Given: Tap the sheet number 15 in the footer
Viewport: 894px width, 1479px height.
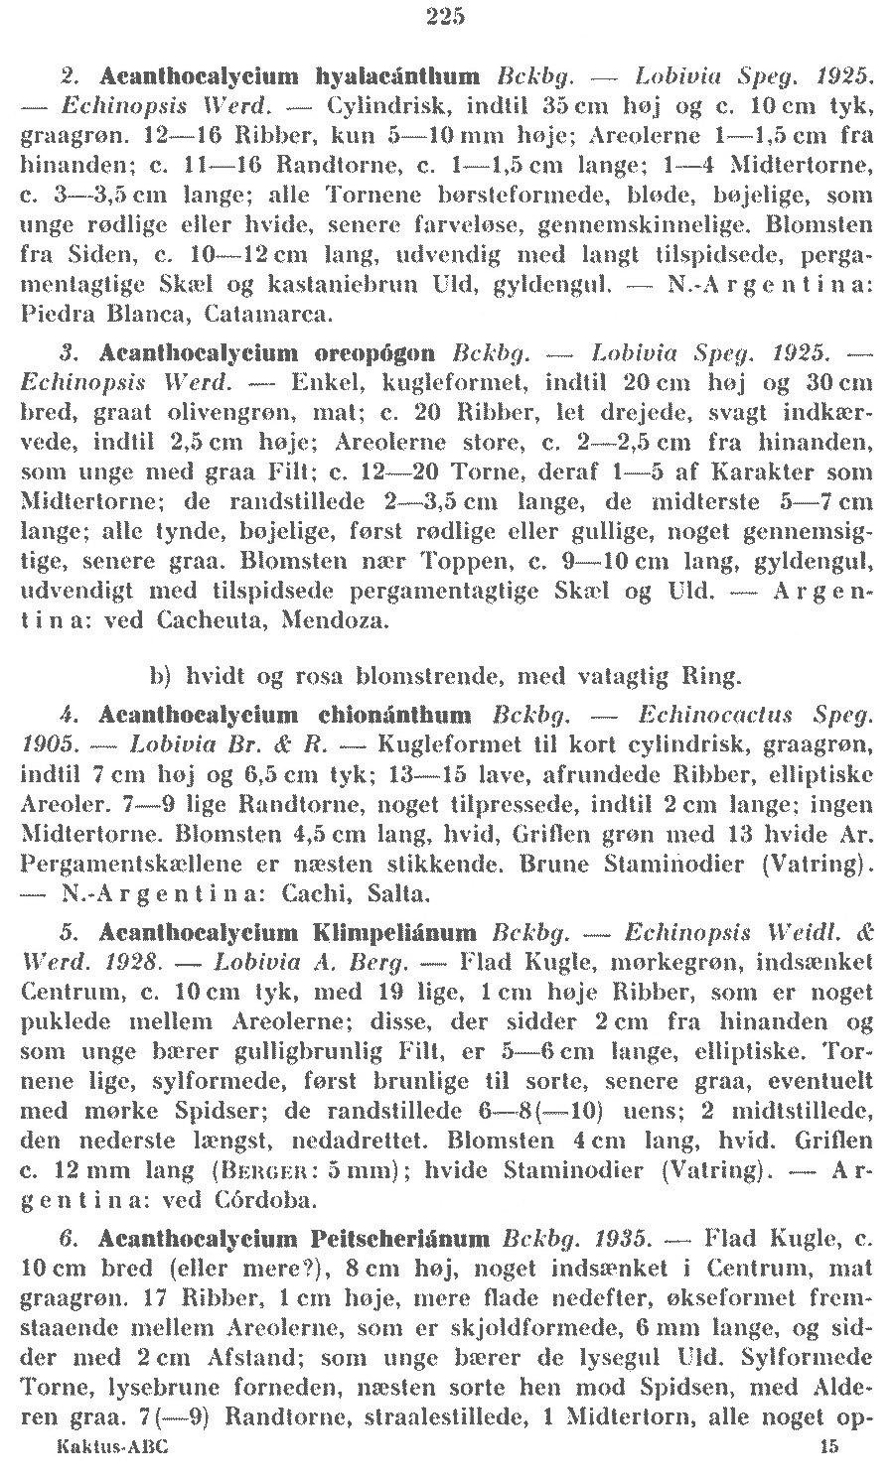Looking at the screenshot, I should pos(829,1447).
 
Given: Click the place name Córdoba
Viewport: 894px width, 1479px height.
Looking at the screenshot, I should pos(264,1201).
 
